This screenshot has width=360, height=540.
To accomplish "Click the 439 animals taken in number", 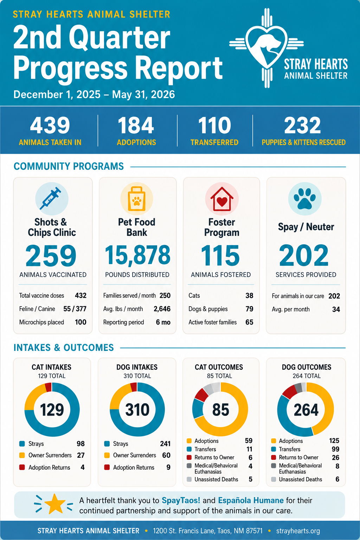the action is pyautogui.click(x=50, y=125).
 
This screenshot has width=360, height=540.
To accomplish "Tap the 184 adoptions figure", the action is pyautogui.click(x=136, y=125).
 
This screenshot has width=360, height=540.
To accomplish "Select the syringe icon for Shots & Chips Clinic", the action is pyautogui.click(x=50, y=198).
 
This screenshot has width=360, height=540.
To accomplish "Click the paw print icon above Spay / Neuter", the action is pyautogui.click(x=304, y=198).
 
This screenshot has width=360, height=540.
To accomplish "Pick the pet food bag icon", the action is pyautogui.click(x=136, y=199).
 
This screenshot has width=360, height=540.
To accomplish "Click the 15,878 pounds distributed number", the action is pyautogui.click(x=137, y=255).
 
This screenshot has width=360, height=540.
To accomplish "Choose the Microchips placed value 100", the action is pyautogui.click(x=81, y=322).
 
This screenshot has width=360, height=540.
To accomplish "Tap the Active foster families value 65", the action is pyautogui.click(x=249, y=322).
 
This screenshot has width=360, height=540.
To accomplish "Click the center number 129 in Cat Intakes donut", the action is pyautogui.click(x=52, y=410).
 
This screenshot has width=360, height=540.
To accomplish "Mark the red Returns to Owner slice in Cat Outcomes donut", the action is pyautogui.click(x=201, y=394).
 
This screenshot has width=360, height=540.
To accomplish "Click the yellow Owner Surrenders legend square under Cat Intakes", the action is pyautogui.click(x=22, y=455).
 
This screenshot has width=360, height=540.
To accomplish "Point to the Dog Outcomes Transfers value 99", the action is pyautogui.click(x=335, y=449).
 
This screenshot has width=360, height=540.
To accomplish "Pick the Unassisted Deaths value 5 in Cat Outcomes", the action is pyautogui.click(x=251, y=479).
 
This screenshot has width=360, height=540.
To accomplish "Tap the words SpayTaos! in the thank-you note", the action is pyautogui.click(x=181, y=501).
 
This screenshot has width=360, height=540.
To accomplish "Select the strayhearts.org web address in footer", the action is pyautogui.click(x=298, y=531).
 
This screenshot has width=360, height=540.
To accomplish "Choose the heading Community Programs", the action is pyautogui.click(x=69, y=166).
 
